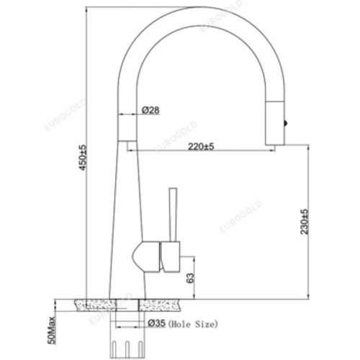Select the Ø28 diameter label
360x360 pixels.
point(150,110)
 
